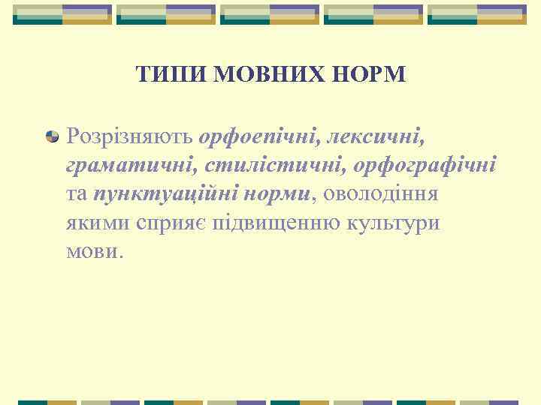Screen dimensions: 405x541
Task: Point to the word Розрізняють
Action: [130, 136]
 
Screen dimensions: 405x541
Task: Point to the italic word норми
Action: [279, 194]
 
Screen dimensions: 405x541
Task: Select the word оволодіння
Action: [382, 194]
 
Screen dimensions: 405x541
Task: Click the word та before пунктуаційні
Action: [77, 195]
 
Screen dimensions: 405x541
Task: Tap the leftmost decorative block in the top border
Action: [62, 14]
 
